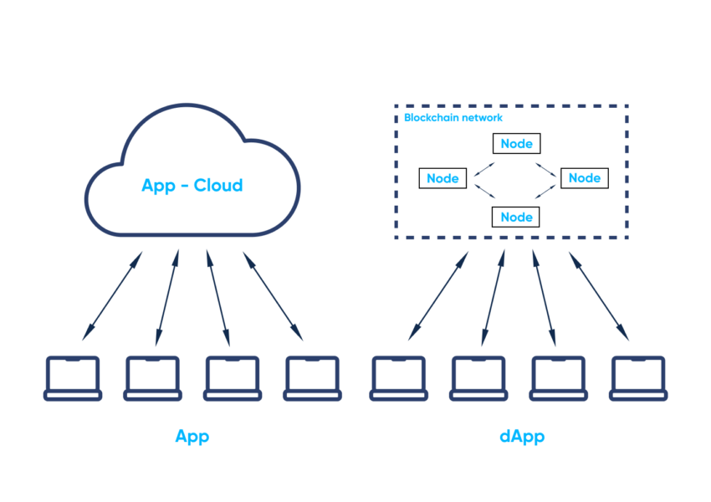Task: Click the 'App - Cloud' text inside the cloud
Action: point(192,185)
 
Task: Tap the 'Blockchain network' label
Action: point(453,118)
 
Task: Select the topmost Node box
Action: point(516,144)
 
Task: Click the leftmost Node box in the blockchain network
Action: point(442,178)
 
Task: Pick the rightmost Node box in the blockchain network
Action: point(584,178)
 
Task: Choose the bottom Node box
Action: point(516,217)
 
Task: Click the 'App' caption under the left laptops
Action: point(192,437)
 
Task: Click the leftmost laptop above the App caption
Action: point(72,379)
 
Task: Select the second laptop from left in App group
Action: point(152,379)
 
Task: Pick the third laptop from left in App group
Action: point(233,379)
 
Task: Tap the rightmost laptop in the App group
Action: point(312,379)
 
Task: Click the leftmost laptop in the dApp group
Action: point(398,379)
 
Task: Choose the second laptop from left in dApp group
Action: point(478,379)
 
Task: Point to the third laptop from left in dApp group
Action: point(558,379)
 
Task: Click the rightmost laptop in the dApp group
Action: point(638,379)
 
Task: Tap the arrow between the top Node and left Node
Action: point(484,166)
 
